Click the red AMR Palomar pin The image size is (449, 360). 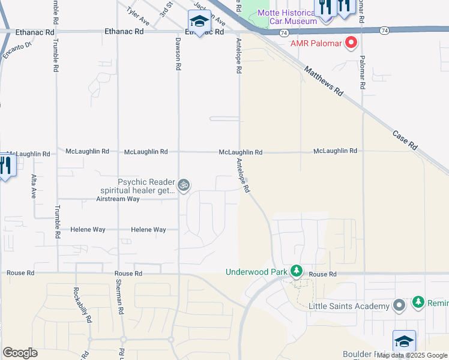click(x=351, y=43)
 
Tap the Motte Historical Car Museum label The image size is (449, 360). click(x=287, y=17)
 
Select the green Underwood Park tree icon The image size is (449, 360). click(x=296, y=272)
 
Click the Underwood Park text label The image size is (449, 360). click(x=256, y=272)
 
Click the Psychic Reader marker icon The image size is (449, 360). click(x=184, y=185)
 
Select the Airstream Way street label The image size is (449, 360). click(x=118, y=199)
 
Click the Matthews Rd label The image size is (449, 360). click(x=323, y=81)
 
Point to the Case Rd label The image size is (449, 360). click(x=405, y=139)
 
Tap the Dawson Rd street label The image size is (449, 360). click(x=178, y=55)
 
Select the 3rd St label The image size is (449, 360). click(x=166, y=8)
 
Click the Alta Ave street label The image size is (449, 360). click(x=34, y=185)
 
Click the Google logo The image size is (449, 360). click(x=20, y=353)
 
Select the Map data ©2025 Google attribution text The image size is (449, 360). click(x=412, y=356)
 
